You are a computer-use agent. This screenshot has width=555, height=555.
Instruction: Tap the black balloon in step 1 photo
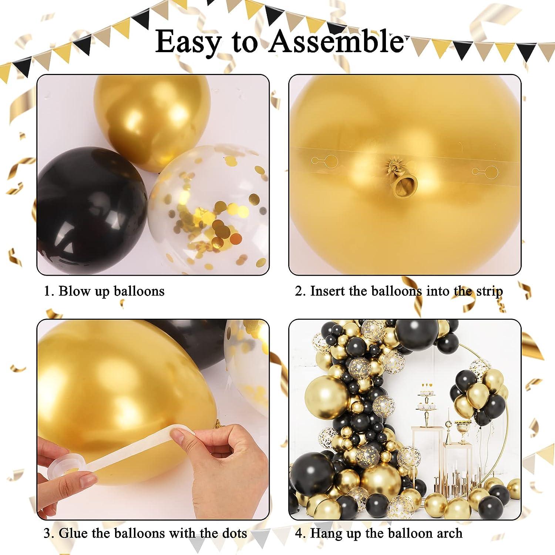91,207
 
